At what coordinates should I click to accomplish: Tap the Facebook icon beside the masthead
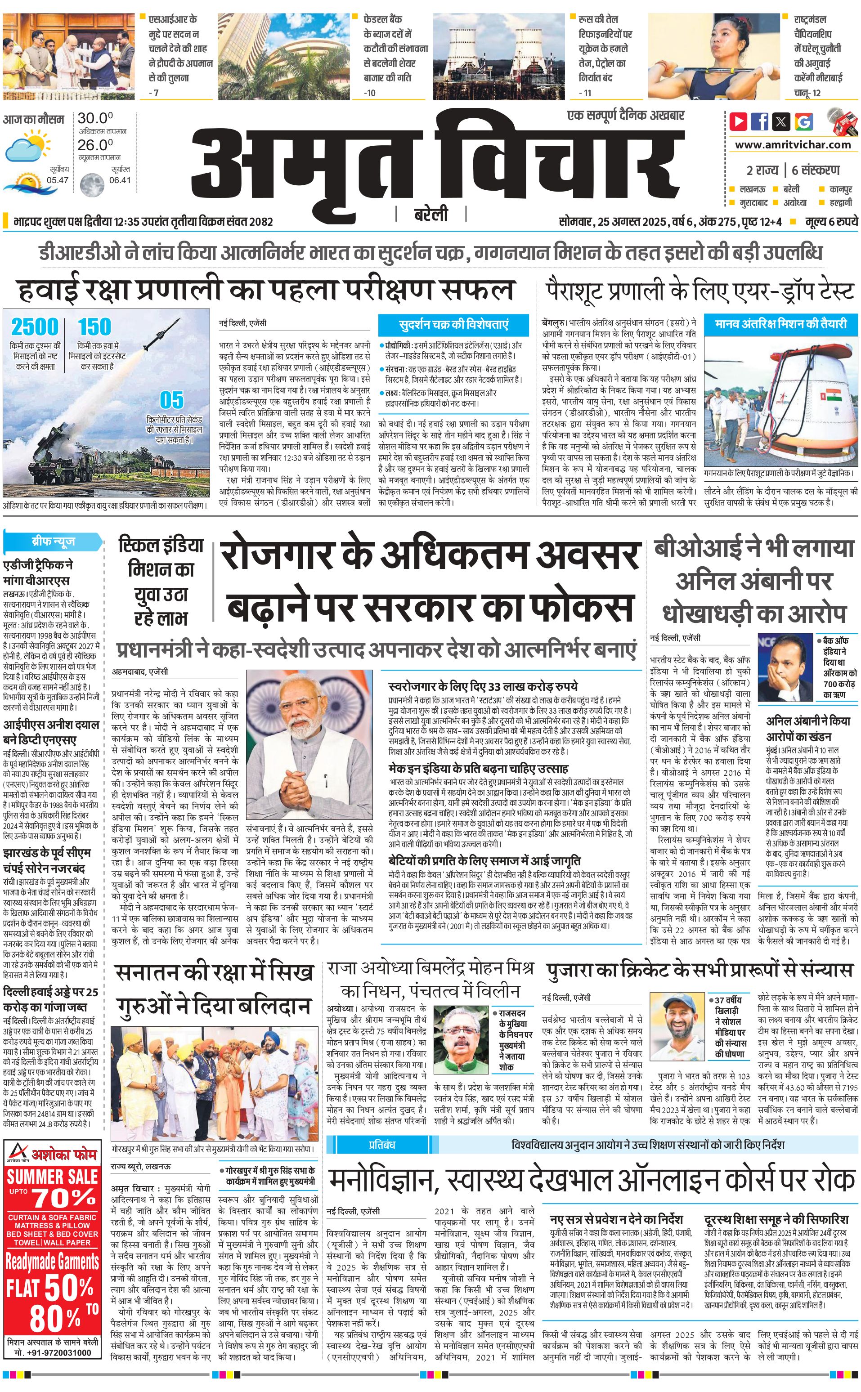point(760,121)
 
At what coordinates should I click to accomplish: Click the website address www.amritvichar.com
point(793,145)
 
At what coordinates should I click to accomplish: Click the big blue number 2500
point(35,327)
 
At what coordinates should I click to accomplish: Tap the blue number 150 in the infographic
point(94,327)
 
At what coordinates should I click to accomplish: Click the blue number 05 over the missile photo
point(171,400)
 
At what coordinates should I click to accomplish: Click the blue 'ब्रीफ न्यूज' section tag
point(53,542)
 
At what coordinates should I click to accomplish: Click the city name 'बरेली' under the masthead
point(430,215)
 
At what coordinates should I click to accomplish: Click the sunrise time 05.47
point(58,180)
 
